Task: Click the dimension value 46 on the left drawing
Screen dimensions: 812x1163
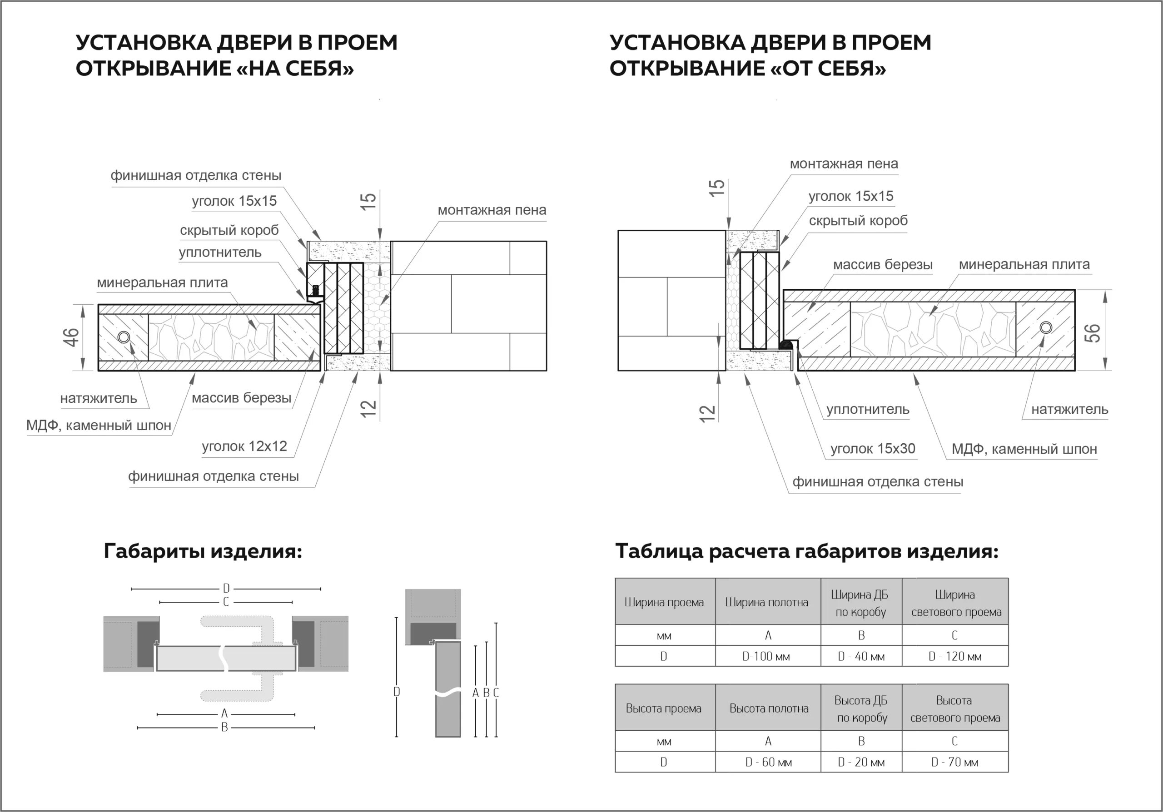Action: tap(71, 337)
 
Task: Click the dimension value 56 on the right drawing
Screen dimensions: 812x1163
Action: tap(1092, 332)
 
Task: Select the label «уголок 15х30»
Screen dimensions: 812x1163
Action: tap(872, 449)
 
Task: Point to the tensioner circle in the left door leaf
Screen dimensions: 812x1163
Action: tap(124, 337)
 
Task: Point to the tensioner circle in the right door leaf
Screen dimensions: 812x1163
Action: tap(1045, 327)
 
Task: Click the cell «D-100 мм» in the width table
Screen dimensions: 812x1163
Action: tap(766, 657)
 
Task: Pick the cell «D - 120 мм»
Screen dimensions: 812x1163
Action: tap(954, 657)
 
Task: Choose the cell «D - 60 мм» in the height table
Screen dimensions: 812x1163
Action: tap(768, 762)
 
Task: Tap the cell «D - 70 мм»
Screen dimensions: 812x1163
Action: tap(954, 762)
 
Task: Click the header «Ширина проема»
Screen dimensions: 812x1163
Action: tap(664, 603)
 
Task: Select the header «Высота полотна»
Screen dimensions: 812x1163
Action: tap(768, 708)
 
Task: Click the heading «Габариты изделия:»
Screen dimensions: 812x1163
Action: tap(203, 551)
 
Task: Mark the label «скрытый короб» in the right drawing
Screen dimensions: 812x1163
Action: tap(858, 221)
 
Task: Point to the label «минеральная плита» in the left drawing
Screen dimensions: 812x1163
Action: tap(162, 282)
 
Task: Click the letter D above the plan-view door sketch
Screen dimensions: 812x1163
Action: tap(226, 588)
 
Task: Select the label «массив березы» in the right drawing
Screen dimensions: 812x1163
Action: tap(882, 264)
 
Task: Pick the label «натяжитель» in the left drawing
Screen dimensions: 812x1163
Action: tap(98, 398)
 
